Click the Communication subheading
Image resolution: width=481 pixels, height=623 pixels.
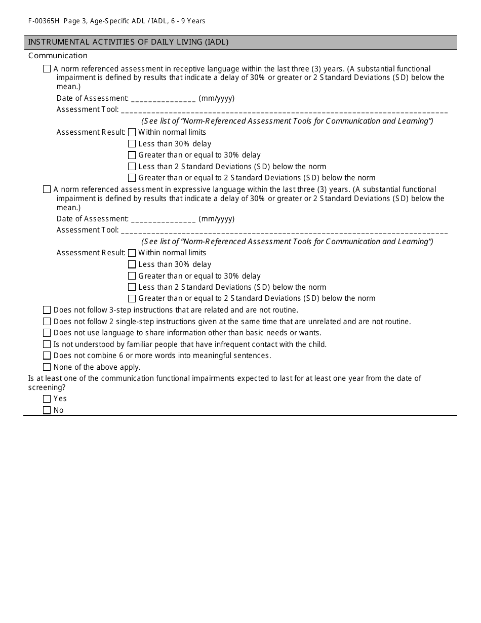tap(58, 56)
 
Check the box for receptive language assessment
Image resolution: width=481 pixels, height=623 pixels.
tap(47, 69)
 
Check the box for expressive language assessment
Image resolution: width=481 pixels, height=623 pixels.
tap(47, 189)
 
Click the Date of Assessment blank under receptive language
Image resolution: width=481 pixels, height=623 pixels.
tap(163, 99)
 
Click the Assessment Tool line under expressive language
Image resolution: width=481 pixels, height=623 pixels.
tap(284, 231)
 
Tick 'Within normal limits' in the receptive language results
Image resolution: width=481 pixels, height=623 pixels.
tap(132, 132)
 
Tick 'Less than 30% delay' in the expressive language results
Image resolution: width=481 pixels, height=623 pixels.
tap(132, 264)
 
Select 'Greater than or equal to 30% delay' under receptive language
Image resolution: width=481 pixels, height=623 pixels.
tap(132, 155)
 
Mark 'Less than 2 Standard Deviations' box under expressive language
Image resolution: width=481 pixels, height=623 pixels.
tap(132, 287)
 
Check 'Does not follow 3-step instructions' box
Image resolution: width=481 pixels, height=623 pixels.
tap(47, 310)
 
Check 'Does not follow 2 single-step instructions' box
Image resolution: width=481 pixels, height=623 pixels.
tap(47, 322)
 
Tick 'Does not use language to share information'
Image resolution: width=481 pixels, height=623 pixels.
tap(47, 333)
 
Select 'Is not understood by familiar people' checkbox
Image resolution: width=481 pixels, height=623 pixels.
tap(47, 344)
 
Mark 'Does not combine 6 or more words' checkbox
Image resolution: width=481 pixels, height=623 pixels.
tap(47, 356)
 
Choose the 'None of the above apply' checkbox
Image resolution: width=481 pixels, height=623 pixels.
tap(47, 367)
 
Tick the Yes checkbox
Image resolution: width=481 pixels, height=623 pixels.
tap(47, 399)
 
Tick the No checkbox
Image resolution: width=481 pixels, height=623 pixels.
tap(47, 410)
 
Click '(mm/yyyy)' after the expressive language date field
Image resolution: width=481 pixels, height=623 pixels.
tap(217, 219)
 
